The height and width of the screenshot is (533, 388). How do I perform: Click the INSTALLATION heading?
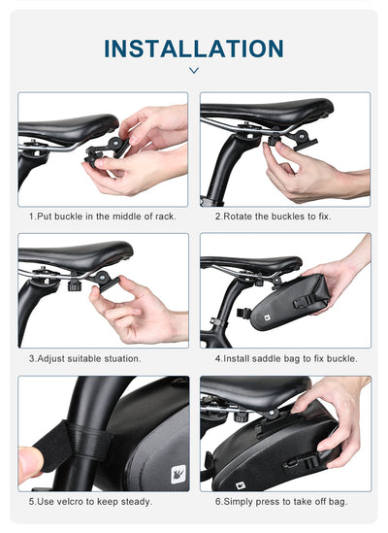(193, 48)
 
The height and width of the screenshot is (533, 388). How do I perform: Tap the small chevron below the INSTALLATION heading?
(193, 71)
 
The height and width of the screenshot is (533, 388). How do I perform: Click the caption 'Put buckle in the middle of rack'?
(102, 216)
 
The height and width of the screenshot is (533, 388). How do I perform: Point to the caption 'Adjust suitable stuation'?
(85, 357)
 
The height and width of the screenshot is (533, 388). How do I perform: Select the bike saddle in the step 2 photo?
(262, 110)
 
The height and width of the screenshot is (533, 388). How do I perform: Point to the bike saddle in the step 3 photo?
(73, 255)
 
